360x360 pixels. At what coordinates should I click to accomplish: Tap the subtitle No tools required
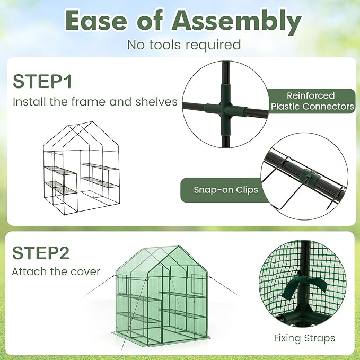point(184,45)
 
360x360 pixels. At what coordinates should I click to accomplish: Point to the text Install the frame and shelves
point(95,101)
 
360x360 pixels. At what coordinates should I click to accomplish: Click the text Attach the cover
point(56,271)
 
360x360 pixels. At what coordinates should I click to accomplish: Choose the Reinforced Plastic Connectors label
point(312,101)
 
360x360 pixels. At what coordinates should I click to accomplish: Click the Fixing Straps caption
point(304,338)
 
